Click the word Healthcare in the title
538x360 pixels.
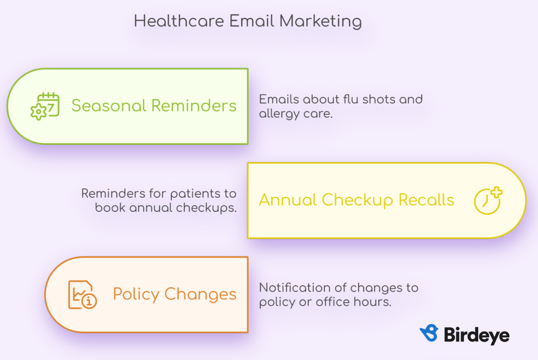coord(179,21)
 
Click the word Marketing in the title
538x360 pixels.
coord(320,22)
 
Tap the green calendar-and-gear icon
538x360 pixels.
coord(45,106)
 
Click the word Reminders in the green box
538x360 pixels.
coord(194,106)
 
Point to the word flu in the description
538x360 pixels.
coord(351,99)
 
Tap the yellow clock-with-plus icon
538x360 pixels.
coord(488,200)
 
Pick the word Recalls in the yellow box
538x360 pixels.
coord(426,200)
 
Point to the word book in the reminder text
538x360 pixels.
coord(110,208)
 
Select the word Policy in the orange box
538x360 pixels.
coord(136,295)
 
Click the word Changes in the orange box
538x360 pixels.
coord(200,295)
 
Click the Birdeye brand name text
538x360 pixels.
coord(477,335)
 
